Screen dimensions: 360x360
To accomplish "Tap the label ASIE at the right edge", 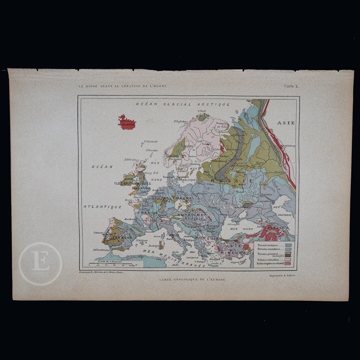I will (286, 123).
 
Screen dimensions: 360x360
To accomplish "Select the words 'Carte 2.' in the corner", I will (291, 86).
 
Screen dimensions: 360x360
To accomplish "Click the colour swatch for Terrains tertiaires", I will (288, 245).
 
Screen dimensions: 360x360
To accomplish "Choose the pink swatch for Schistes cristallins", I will (288, 259).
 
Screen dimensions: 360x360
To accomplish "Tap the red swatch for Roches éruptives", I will (288, 263).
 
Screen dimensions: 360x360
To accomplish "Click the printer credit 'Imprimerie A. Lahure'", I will (283, 276).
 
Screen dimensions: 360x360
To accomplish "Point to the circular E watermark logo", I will (40, 264).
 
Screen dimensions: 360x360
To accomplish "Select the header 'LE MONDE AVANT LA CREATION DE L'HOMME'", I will (123, 86).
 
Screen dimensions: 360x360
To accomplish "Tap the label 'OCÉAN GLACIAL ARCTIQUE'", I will (183, 104).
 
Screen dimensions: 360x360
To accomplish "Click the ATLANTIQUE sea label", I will (103, 207).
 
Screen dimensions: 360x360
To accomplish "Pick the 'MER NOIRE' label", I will (241, 229).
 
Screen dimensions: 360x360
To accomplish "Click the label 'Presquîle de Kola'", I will (222, 125).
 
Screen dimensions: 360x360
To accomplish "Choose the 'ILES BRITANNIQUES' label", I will (133, 183).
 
